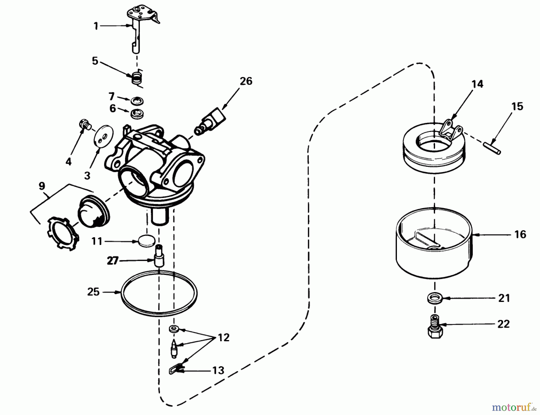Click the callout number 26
coord(246,81)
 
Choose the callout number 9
coord(42,186)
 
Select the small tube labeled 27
coord(159,255)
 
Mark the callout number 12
coord(223,338)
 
